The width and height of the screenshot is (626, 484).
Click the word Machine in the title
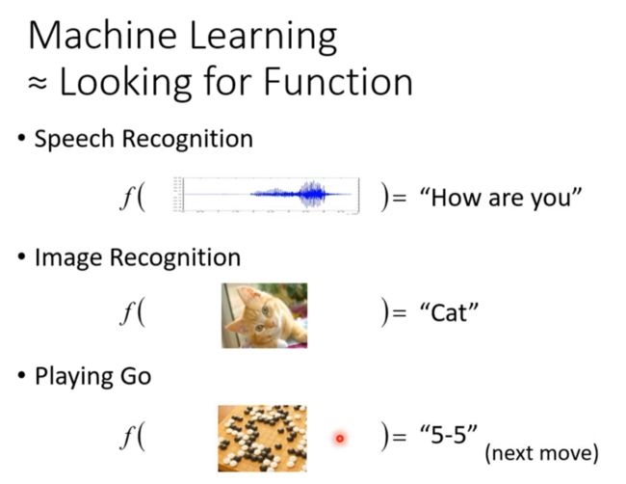102,36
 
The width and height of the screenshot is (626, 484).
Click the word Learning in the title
263,39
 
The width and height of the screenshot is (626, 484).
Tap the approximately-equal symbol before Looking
38,83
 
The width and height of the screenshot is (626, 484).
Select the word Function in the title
338,82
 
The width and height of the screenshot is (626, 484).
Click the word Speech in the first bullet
74,140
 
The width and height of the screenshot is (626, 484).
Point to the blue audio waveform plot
266,195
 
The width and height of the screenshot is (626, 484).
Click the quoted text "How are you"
501,197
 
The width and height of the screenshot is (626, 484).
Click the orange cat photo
264,315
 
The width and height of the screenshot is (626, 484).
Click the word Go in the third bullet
136,376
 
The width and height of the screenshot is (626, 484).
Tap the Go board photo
262,439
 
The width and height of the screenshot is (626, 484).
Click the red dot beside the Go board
340,439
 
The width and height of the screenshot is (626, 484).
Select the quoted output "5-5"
449,434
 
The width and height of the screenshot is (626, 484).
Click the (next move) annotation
542,453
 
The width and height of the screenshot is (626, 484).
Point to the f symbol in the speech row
126,199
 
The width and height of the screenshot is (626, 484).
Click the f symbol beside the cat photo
126,313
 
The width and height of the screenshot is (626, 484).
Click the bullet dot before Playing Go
21,375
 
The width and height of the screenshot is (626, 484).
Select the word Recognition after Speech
188,140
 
